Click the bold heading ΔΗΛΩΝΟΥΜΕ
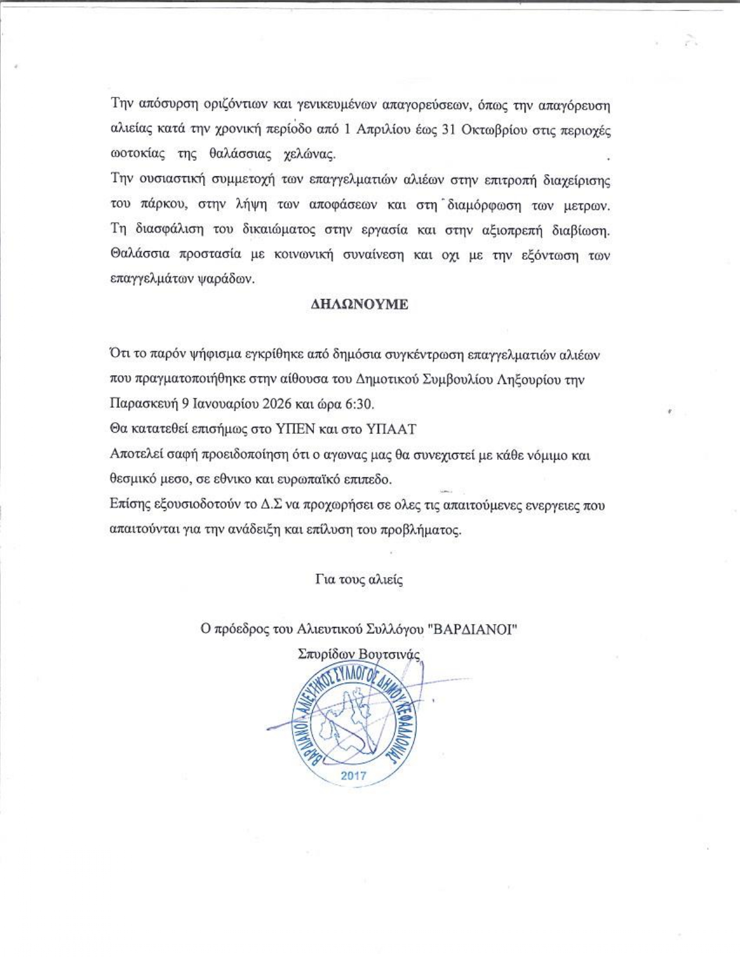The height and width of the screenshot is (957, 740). (356, 305)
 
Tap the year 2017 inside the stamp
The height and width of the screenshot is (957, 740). (353, 775)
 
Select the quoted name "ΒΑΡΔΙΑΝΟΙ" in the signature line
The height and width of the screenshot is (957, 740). (472, 629)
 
